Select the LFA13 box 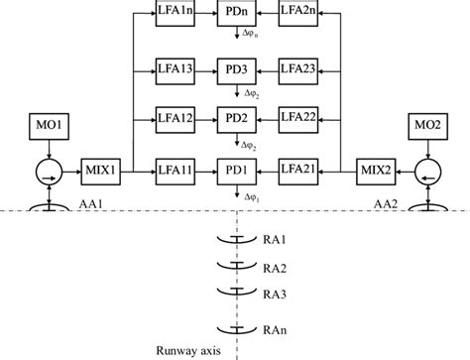coord(176,70)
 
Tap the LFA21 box coord(297,172)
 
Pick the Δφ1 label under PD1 coord(254,196)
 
